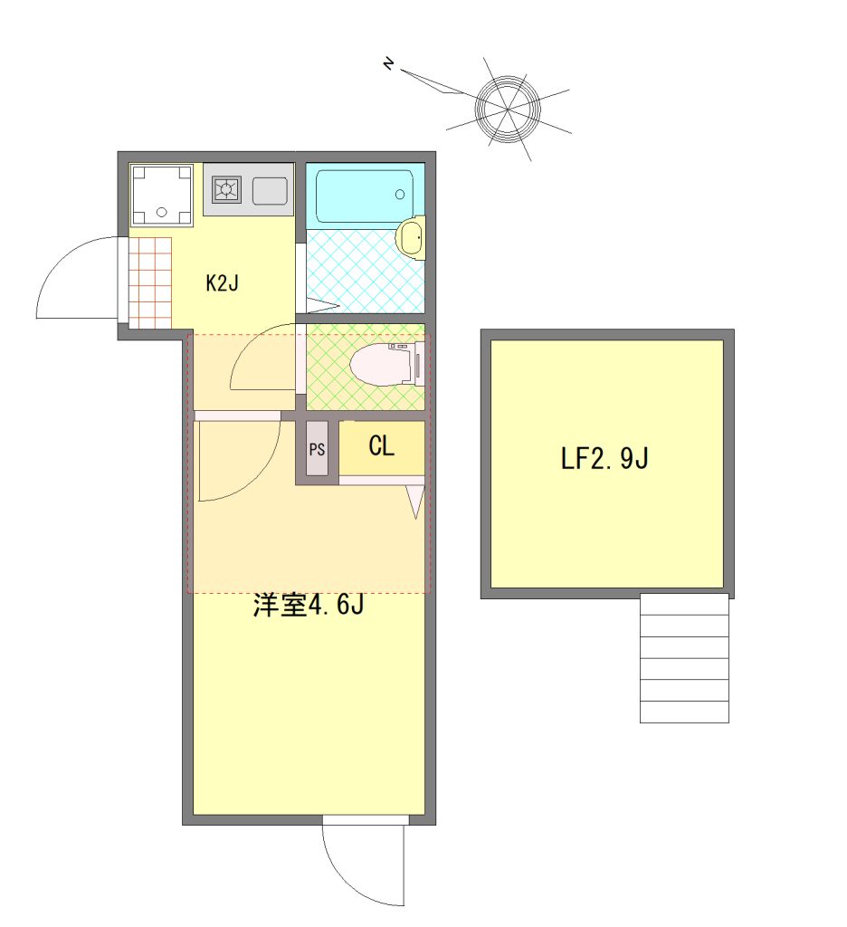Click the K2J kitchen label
tap(223, 283)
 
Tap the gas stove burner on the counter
tap(226, 190)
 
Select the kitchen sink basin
tap(271, 191)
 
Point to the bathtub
tap(364, 196)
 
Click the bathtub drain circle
tap(400, 195)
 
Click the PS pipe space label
tap(317, 449)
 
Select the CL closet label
tap(381, 446)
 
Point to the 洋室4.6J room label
tap(308, 605)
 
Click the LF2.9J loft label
tap(604, 458)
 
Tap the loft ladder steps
tap(684, 658)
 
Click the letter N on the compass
tap(388, 63)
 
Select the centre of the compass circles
tap(507, 110)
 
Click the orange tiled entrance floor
tap(150, 282)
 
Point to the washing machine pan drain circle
tap(161, 213)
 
